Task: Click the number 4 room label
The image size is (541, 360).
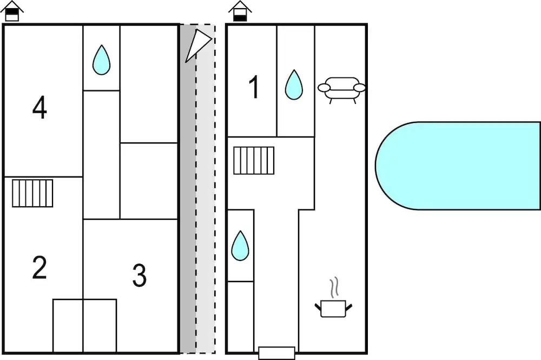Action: [39, 108]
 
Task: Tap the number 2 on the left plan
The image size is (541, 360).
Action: [39, 267]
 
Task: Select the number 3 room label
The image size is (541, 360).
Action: [140, 276]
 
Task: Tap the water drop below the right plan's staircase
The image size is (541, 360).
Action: [240, 246]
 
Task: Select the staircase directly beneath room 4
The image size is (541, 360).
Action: [33, 193]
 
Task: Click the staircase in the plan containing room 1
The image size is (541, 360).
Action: [254, 160]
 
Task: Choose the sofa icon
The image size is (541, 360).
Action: [341, 88]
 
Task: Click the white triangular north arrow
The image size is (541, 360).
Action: [198, 45]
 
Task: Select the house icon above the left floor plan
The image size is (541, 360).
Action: [12, 11]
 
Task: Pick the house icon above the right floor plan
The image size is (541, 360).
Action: [240, 11]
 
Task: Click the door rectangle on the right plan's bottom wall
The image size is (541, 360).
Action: [276, 353]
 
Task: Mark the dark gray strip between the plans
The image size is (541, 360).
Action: [187, 217]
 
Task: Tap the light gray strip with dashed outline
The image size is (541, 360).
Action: [206, 217]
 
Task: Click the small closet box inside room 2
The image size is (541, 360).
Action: [68, 325]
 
